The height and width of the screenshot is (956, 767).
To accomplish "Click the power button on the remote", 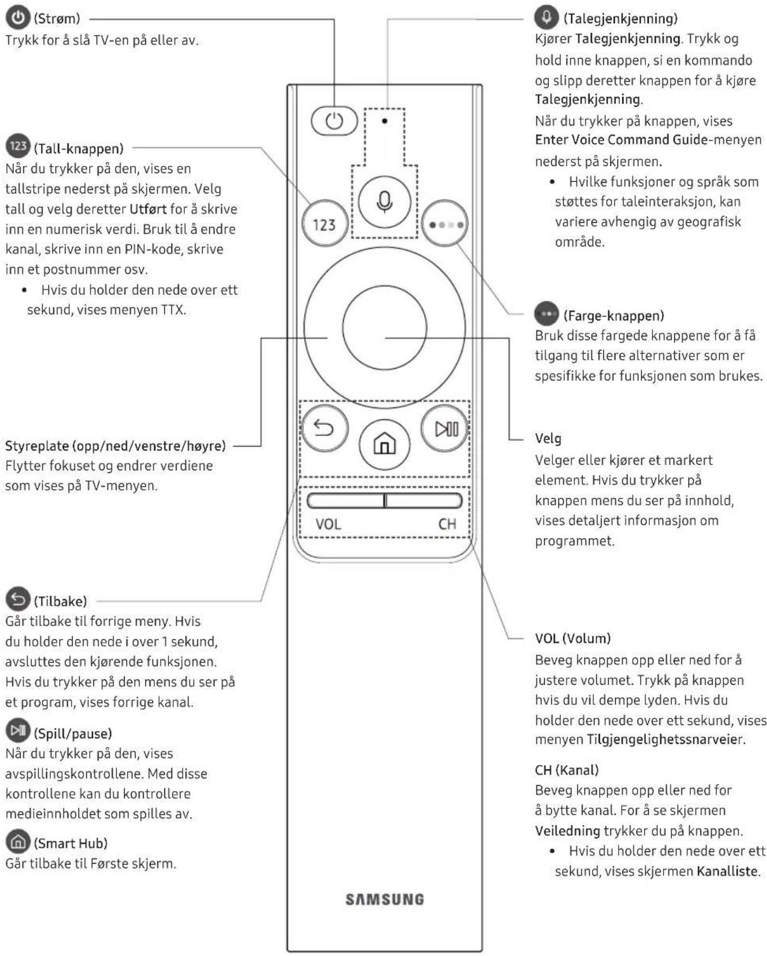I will pos(334,121).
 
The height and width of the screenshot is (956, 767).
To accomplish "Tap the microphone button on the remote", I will pos(385,201).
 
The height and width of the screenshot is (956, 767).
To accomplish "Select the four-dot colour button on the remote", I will pos(445,225).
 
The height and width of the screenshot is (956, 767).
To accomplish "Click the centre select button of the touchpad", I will pos(384,327).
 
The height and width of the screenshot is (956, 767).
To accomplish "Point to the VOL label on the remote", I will pos(328,524).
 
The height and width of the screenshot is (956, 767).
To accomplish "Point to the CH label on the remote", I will pos(447,524).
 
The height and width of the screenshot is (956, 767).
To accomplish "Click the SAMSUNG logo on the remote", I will pos(385,899).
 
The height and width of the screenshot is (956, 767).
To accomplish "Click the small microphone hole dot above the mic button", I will pos(385,121).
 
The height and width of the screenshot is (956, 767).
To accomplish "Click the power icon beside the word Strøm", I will pos(18,18).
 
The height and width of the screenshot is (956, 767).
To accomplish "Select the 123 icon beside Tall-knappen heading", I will pos(18,146).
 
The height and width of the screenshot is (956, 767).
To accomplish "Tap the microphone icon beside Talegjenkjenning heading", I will pos(546,17).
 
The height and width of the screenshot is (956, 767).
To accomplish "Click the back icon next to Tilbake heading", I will pos(18,600).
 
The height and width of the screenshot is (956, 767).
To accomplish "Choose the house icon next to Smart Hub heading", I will pos(18,841).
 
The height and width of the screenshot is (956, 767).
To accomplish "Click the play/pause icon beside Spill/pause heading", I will pos(18,731).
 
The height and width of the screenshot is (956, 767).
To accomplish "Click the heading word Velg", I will pos(548,438).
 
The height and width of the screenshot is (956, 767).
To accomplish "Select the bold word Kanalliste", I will pos(727,872).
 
